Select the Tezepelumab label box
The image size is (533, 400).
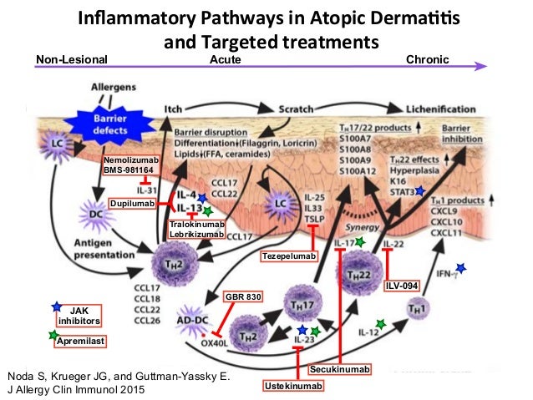point(290,256)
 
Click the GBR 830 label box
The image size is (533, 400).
point(242,296)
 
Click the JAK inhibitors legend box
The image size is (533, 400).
point(79,314)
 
